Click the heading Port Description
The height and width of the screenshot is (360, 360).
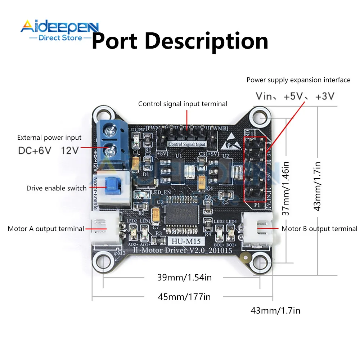180,41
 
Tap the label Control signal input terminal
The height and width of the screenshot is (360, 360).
183,104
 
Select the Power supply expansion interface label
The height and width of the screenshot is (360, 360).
298,80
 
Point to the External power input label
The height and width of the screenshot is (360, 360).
49,138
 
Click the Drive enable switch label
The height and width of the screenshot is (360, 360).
57,188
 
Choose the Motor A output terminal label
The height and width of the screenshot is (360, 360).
46,229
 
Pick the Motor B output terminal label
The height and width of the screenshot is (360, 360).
319,229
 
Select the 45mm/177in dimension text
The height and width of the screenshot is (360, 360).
184,297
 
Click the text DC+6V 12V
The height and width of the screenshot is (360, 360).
48,150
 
